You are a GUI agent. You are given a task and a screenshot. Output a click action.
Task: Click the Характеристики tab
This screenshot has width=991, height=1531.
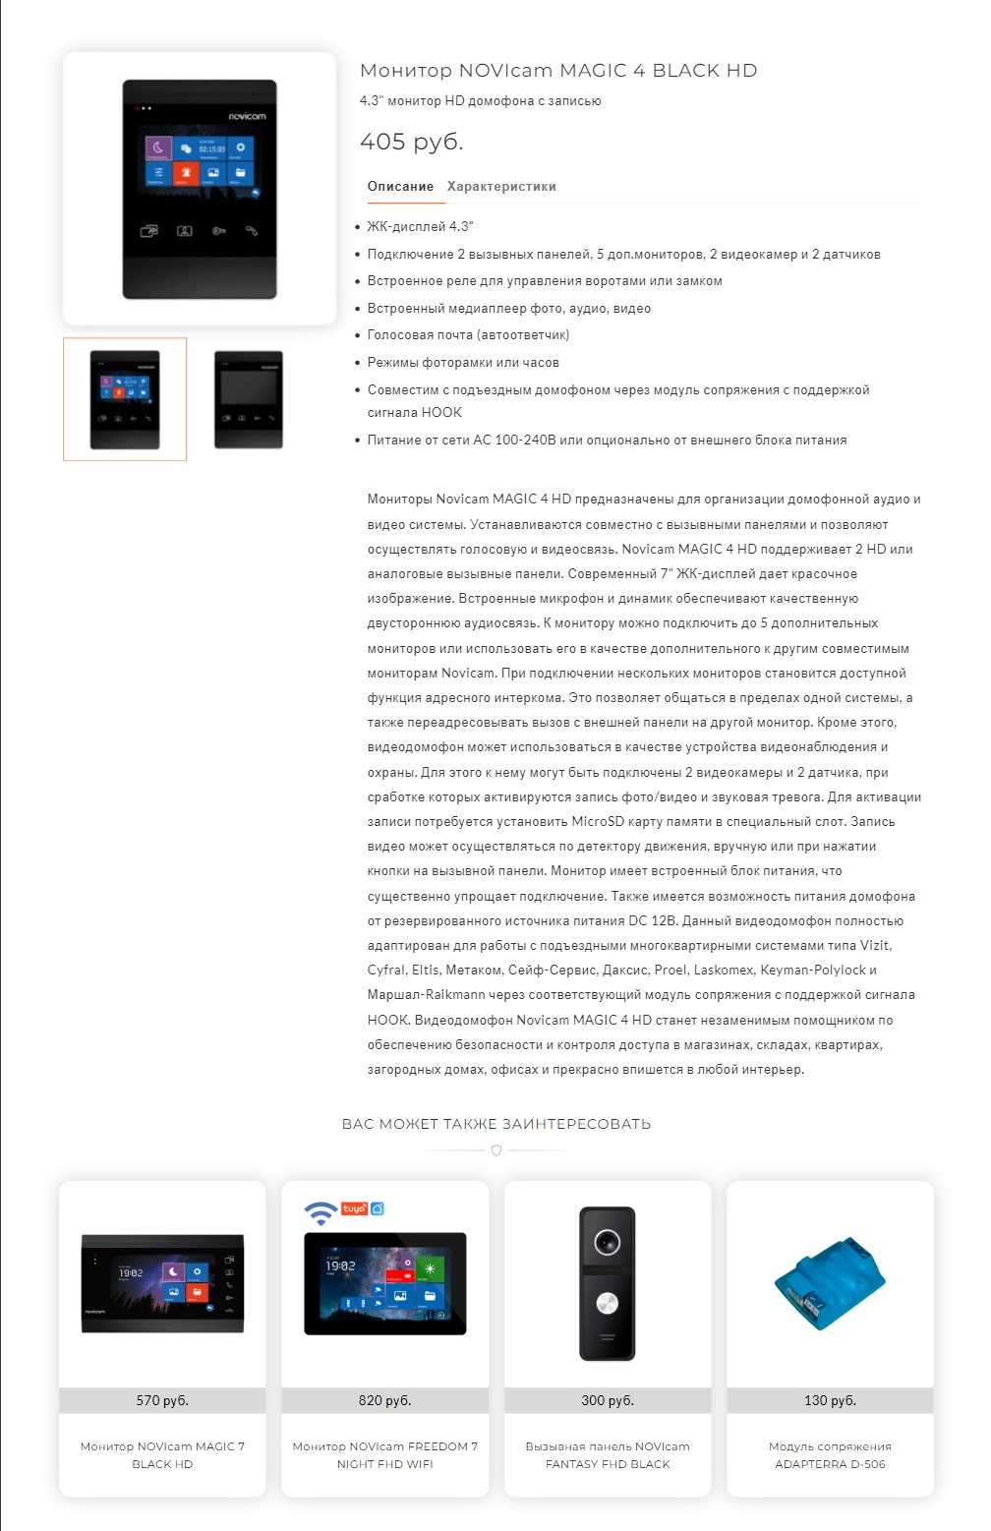click(501, 187)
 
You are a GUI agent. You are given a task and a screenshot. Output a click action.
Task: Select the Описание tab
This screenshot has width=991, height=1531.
click(400, 187)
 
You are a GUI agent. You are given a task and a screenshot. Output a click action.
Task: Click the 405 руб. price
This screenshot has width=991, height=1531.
click(411, 142)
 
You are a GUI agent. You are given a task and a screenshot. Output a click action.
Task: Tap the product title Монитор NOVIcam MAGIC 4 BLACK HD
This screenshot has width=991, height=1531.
click(557, 71)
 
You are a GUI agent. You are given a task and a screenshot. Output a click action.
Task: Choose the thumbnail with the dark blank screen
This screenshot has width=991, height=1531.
click(249, 399)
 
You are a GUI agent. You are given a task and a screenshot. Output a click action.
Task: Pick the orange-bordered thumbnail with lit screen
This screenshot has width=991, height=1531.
click(125, 399)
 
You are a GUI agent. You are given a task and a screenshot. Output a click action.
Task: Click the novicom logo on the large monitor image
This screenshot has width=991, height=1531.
click(247, 116)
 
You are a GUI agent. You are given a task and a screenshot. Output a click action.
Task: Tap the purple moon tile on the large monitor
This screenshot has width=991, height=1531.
click(159, 148)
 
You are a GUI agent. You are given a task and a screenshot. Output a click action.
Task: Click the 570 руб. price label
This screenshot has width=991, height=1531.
click(162, 1400)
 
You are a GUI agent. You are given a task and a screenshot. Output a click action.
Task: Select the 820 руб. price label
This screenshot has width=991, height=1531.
click(384, 1400)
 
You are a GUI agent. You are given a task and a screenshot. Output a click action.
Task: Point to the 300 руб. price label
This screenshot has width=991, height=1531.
click(608, 1400)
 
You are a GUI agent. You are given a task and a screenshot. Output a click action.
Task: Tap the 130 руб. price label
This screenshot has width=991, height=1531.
click(830, 1400)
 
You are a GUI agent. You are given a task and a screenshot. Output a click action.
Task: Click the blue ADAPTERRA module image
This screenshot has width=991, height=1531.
click(830, 1283)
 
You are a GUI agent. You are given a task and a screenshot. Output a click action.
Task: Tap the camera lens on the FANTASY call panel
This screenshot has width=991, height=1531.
click(607, 1242)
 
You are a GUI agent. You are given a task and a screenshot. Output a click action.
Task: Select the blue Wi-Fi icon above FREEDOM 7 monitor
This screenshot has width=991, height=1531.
click(320, 1212)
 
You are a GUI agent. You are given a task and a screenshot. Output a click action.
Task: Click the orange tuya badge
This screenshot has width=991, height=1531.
click(354, 1208)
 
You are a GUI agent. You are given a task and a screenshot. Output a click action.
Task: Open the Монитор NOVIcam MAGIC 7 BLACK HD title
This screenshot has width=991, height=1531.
click(162, 1455)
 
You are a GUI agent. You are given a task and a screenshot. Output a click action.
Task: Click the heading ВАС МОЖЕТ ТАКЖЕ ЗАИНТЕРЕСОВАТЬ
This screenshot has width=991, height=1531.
click(495, 1124)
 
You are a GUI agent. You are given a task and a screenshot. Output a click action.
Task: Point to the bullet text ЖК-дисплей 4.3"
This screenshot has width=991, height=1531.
click(420, 227)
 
